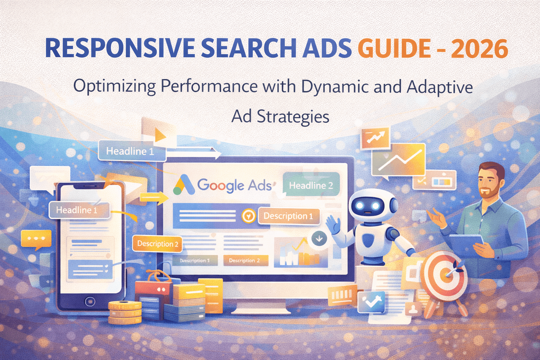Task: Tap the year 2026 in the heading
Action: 480,49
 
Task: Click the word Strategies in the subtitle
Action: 293,116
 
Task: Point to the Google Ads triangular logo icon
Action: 184,185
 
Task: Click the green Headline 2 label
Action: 311,185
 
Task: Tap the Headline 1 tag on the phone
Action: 77,210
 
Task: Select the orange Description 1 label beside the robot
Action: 288,216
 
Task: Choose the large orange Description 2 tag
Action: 157,244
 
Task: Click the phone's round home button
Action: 90,301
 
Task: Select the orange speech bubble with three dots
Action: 36,239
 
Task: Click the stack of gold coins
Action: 125,312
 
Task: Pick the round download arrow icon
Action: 319,239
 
